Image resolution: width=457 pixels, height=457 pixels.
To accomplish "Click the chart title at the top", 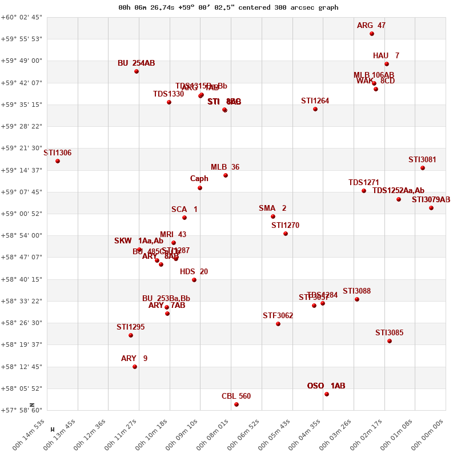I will tap(228, 7).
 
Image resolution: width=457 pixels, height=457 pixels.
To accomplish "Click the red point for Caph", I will tap(200, 188).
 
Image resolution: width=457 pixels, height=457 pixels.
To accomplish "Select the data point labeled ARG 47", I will tap(372, 34).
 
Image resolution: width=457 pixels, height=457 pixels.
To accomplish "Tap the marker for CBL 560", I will tap(236, 404).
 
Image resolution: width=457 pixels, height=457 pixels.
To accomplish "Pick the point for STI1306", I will tap(58, 161).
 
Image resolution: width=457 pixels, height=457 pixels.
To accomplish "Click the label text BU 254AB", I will tap(136, 63).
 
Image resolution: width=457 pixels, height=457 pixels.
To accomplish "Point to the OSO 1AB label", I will tap(326, 386).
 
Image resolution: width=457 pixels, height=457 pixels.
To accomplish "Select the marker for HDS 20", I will tap(194, 280).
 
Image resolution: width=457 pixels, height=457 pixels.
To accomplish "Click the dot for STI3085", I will tap(390, 341).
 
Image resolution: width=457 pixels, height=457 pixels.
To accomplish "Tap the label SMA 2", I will tap(272, 209).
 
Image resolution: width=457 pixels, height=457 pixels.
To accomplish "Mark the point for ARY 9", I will tap(135, 367).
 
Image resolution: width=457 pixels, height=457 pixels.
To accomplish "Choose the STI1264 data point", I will tap(315, 109).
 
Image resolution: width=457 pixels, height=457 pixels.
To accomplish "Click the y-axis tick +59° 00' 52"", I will tap(23, 214).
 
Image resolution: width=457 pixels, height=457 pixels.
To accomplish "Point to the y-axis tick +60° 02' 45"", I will tap(23, 17).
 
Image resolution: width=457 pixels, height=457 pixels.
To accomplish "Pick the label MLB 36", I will tap(225, 167).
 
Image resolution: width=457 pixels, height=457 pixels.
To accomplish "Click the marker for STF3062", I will tap(278, 324).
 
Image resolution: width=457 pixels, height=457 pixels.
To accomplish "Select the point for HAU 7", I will tap(387, 64).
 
